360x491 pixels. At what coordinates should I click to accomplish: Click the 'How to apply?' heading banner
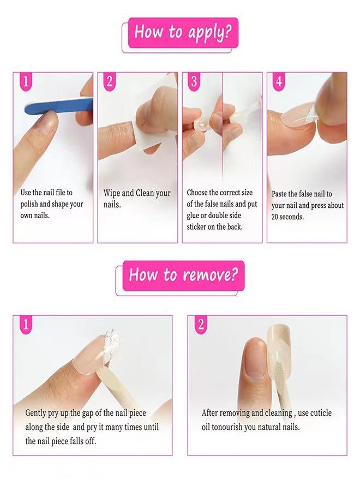(183, 32)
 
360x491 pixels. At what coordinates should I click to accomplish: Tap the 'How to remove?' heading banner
(183, 275)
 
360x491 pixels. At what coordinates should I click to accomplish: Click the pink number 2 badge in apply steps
(110, 82)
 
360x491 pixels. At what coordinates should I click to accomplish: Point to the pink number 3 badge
(194, 82)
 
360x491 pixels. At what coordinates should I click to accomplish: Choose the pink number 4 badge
(279, 82)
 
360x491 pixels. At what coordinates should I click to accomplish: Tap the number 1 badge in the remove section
(26, 325)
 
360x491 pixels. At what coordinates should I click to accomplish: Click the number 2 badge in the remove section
(200, 325)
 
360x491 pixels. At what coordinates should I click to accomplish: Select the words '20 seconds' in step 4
(288, 217)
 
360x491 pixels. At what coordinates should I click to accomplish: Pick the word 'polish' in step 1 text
(31, 204)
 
